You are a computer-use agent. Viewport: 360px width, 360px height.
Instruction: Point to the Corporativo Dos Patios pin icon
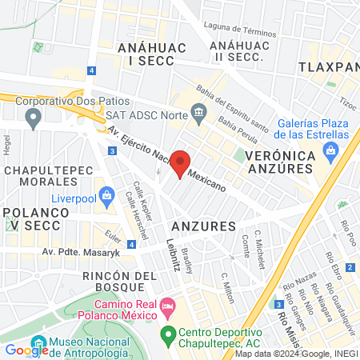[x=33, y=119]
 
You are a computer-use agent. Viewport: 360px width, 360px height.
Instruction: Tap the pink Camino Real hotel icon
[x=167, y=305]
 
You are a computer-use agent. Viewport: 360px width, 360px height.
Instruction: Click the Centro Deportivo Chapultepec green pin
[x=167, y=333]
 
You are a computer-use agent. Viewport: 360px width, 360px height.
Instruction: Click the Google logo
[x=26, y=349]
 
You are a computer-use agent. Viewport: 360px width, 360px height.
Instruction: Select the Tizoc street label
[x=347, y=103]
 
